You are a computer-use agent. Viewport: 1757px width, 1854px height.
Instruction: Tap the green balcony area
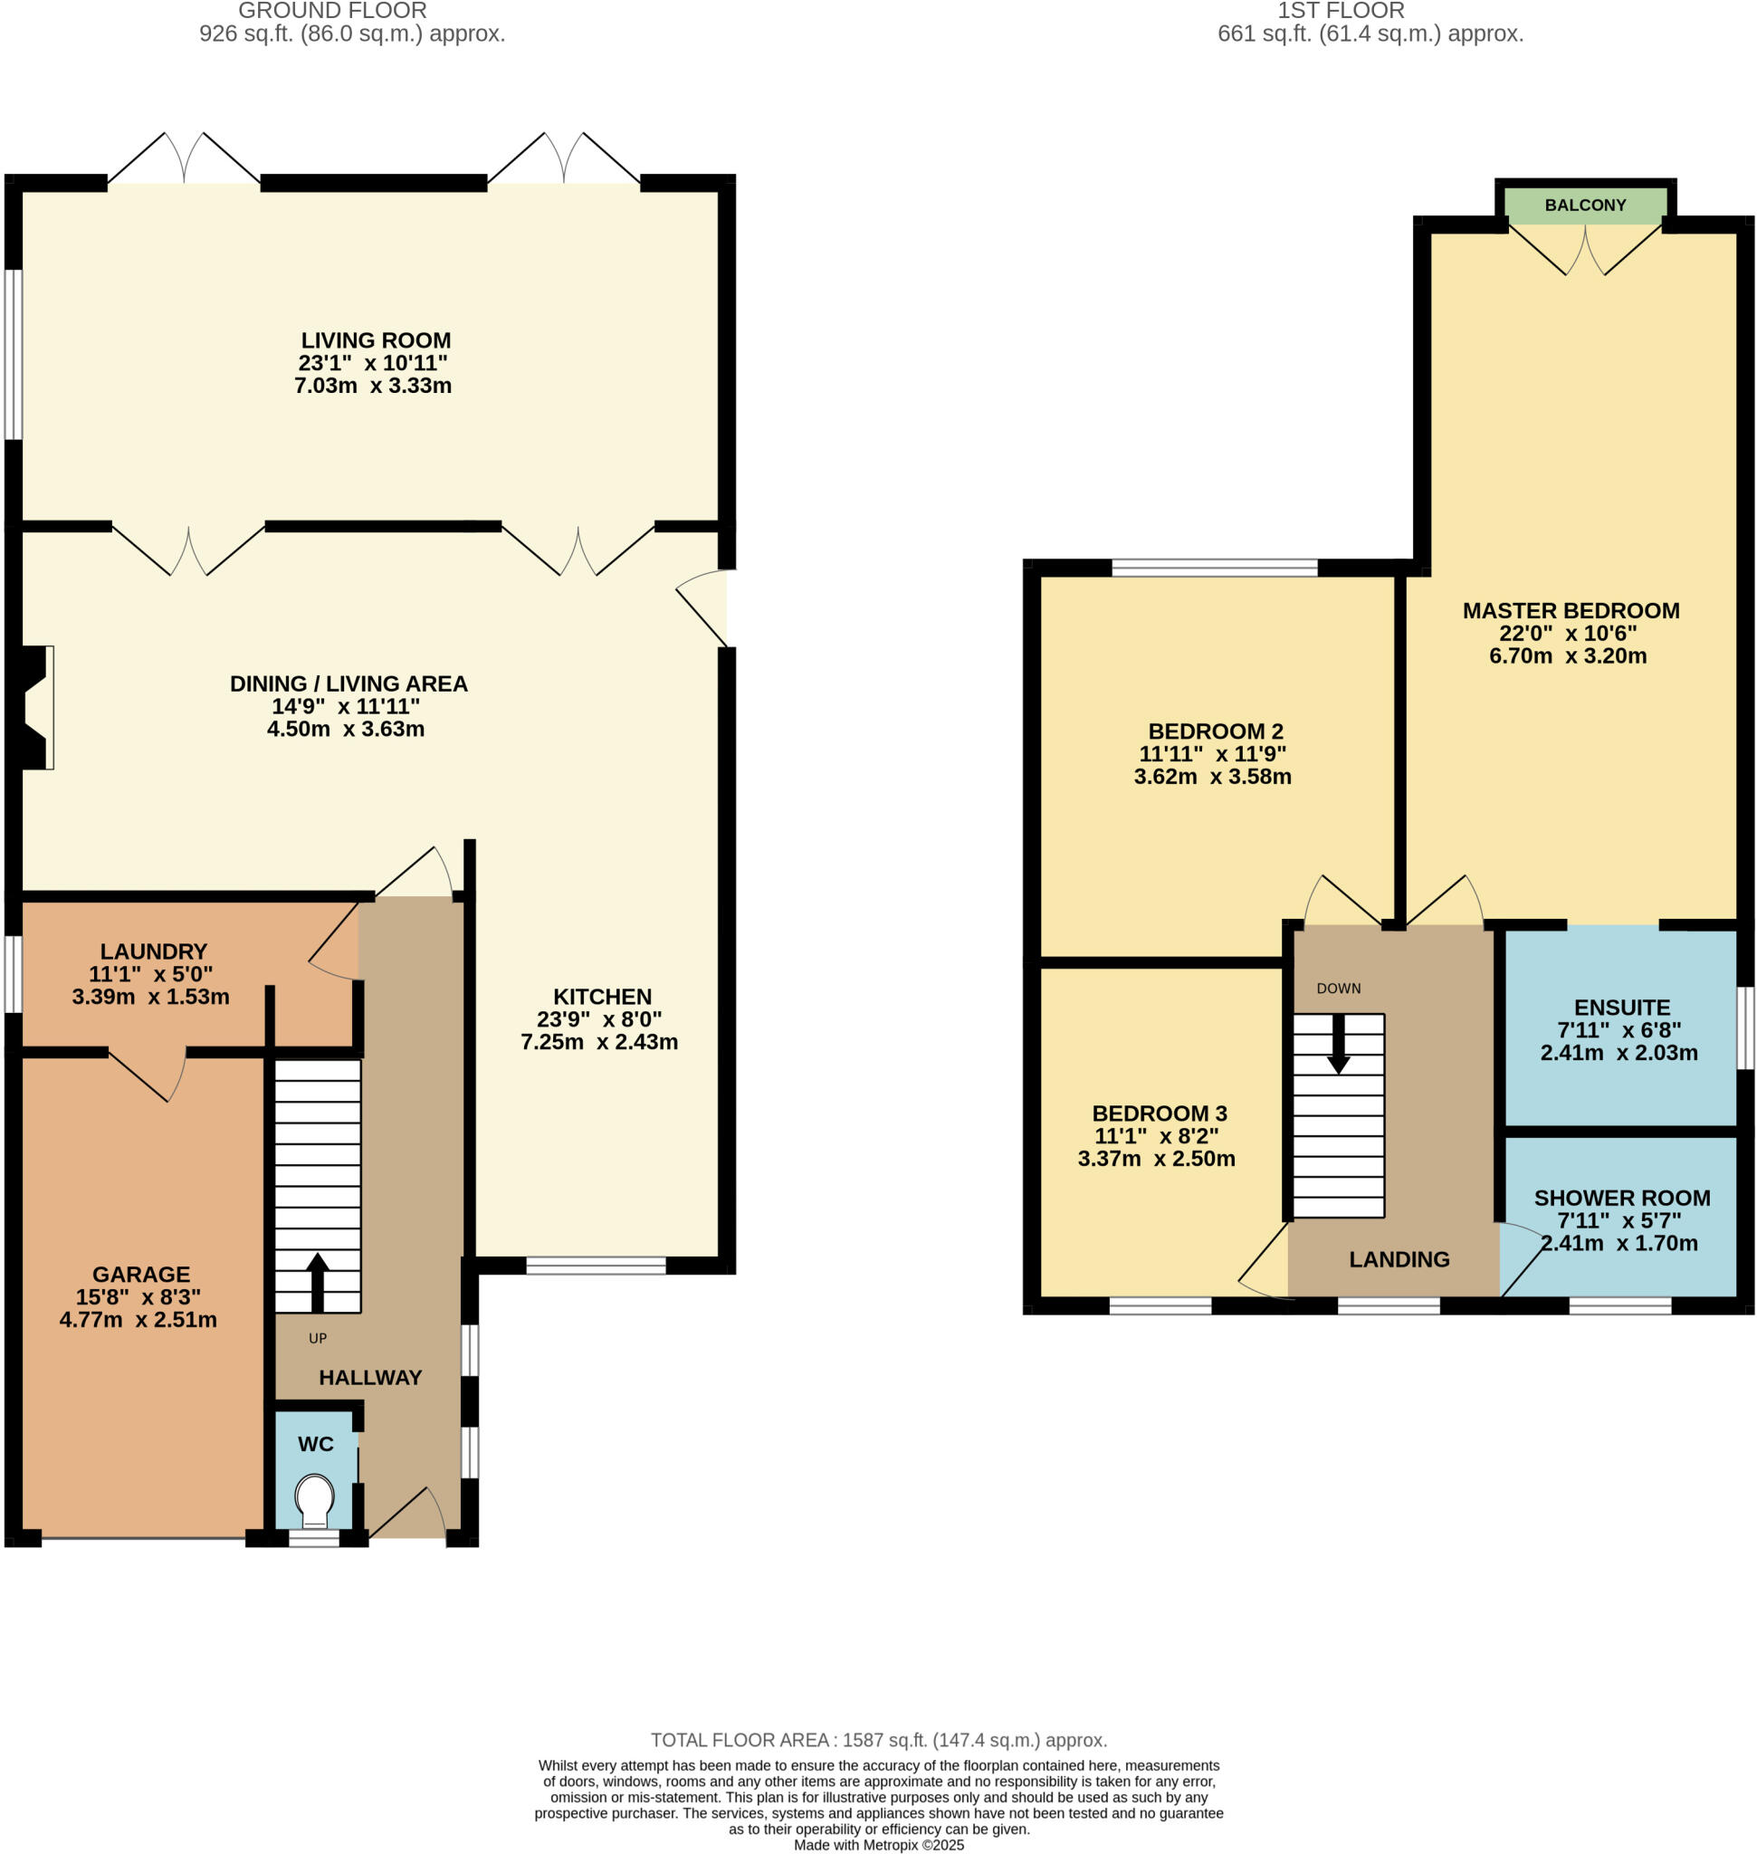1585,205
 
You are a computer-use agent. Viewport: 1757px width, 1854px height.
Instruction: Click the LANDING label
1399,1259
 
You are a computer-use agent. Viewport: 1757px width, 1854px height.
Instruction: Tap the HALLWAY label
370,1377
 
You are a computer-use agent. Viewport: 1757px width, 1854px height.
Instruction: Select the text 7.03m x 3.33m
373,386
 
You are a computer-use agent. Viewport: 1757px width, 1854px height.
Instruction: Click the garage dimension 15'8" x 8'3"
138,1296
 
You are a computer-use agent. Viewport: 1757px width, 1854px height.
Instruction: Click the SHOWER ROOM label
1621,1198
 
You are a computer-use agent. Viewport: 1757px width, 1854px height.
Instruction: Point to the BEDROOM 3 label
1159,1113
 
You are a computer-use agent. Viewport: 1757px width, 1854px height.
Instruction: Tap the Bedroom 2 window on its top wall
1214,567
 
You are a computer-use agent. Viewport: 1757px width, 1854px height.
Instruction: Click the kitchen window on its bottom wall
596,1266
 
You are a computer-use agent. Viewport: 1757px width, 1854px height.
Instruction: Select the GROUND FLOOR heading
332,11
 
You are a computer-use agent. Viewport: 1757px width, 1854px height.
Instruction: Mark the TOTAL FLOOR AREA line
878,1740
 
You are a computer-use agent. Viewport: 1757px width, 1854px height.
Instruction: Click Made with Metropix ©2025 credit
878,1845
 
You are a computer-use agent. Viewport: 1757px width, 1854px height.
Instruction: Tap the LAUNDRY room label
154,951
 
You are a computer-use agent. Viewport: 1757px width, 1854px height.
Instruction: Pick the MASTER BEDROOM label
1571,611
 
